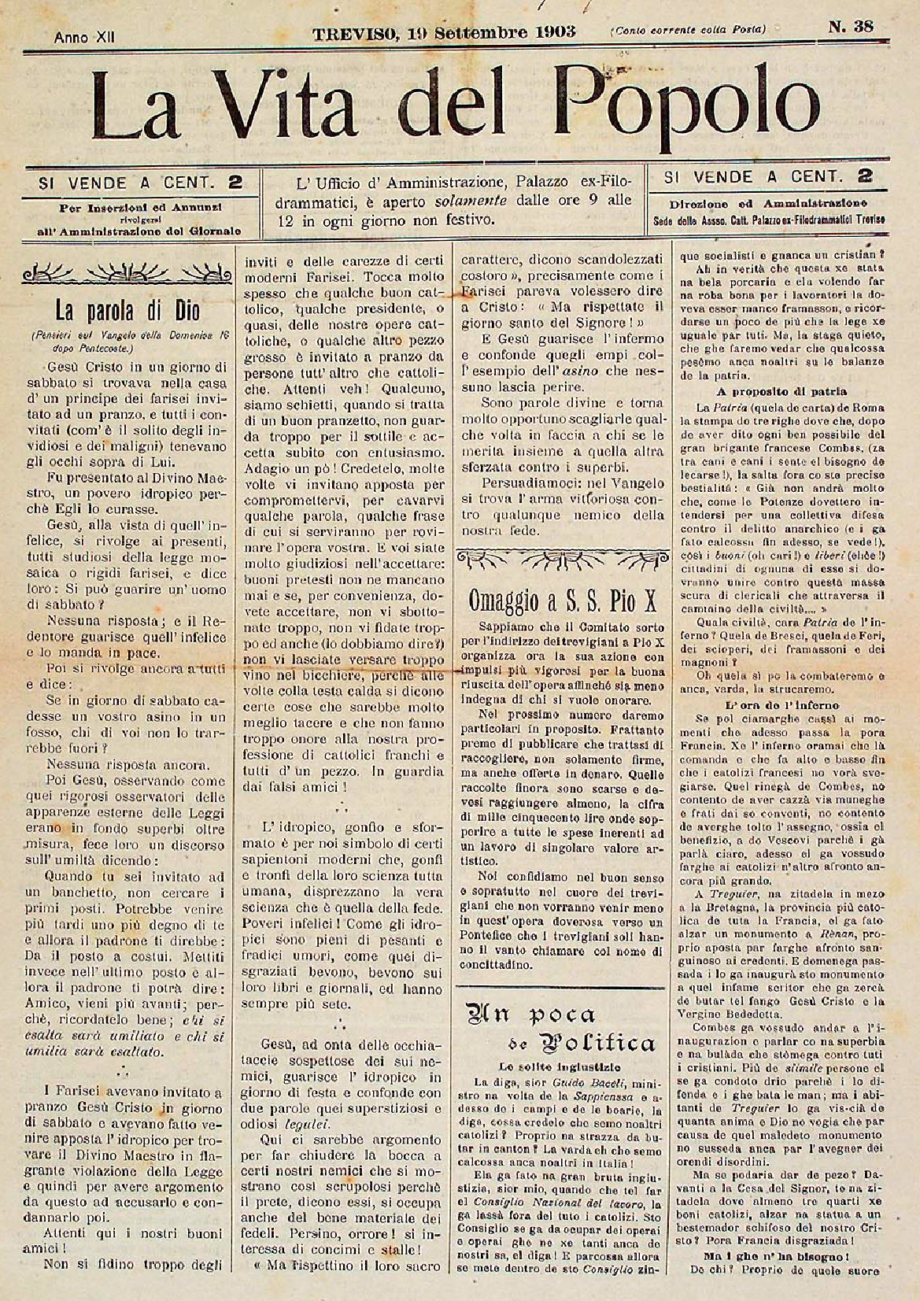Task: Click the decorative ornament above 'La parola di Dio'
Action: (x=128, y=275)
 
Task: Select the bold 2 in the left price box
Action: (x=234, y=183)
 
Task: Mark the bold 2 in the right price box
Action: (x=865, y=176)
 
